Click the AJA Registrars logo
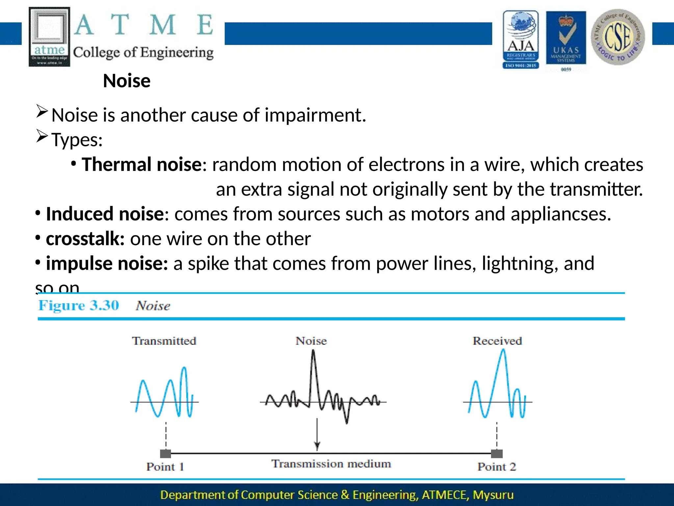click(521, 40)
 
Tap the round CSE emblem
click(618, 37)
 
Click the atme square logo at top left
click(49, 37)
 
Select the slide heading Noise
click(127, 81)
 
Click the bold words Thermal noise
click(142, 164)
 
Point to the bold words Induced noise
click(105, 214)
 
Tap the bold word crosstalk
click(85, 239)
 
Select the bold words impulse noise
click(107, 264)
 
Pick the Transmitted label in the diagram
click(164, 341)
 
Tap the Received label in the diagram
click(497, 341)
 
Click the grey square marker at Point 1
click(166, 454)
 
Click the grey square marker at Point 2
click(497, 454)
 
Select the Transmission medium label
click(331, 464)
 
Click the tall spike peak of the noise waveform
click(313, 352)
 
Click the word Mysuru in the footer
click(493, 495)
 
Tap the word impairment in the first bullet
click(315, 115)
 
